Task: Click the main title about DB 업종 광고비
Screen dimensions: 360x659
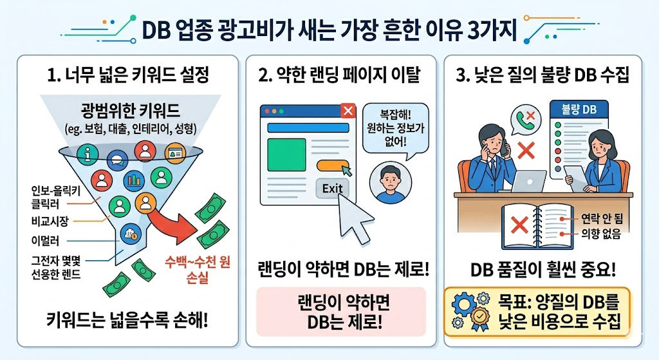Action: pyautogui.click(x=329, y=30)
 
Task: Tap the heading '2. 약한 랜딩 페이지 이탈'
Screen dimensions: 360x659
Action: pyautogui.click(x=339, y=75)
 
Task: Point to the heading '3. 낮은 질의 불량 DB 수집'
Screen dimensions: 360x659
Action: pyautogui.click(x=543, y=75)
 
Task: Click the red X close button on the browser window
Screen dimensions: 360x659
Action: pyautogui.click(x=348, y=111)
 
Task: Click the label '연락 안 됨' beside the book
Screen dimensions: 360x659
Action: pyautogui.click(x=595, y=222)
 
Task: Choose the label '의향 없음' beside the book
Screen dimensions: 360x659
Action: pyautogui.click(x=595, y=236)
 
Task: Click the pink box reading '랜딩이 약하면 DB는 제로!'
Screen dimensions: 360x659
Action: pyautogui.click(x=341, y=312)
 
